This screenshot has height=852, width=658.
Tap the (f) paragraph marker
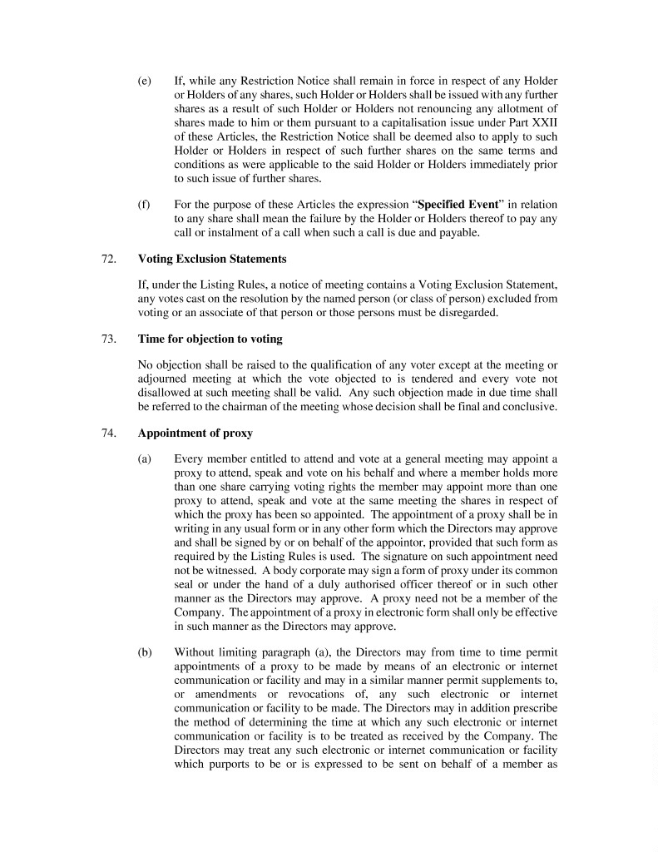point(143,205)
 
